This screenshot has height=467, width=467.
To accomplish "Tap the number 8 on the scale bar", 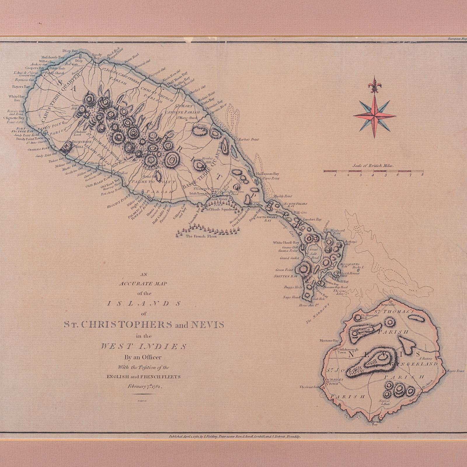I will pos(422,175).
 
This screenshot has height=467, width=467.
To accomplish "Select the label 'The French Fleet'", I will pos(201,236).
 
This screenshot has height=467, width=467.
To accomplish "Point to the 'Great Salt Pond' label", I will pos(314,254).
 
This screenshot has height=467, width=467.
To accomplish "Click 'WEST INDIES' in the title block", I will pos(144,347).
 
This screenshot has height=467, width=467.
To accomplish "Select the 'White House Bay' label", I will pos(286,243).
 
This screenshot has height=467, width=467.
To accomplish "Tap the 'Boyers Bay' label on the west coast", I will pos(21,87).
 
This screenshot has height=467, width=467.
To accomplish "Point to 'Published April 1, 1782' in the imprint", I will pos(184,437).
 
